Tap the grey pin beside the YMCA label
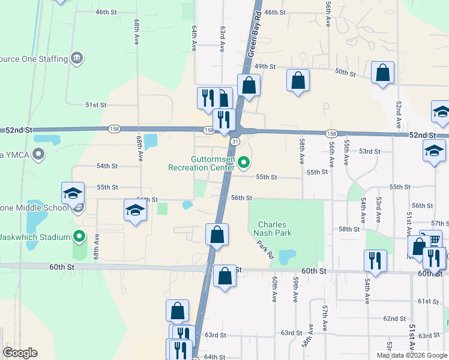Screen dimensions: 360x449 (x=39, y=155)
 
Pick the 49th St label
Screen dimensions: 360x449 (x=264, y=66)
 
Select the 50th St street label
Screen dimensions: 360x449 (x=345, y=72)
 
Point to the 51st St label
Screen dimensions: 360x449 (x=95, y=104)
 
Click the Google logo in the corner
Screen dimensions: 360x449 (x=20, y=353)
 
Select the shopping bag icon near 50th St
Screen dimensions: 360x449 (x=382, y=74)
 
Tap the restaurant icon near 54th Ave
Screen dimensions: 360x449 (x=375, y=260)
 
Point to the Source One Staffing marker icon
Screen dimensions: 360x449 (x=77, y=58)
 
